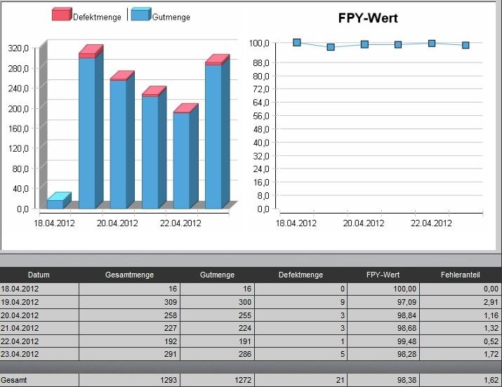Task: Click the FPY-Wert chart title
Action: tap(368, 18)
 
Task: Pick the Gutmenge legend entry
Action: tap(171, 16)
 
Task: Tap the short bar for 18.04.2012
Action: tap(55, 203)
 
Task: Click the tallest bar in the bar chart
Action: tap(87, 130)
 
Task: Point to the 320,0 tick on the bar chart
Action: tap(18, 48)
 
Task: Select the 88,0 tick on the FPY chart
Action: tap(261, 63)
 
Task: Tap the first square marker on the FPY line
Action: tap(297, 42)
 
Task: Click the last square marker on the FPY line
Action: tap(465, 45)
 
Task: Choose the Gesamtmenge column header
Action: tap(129, 275)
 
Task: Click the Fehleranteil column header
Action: tap(460, 275)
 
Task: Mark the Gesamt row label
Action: tap(13, 380)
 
